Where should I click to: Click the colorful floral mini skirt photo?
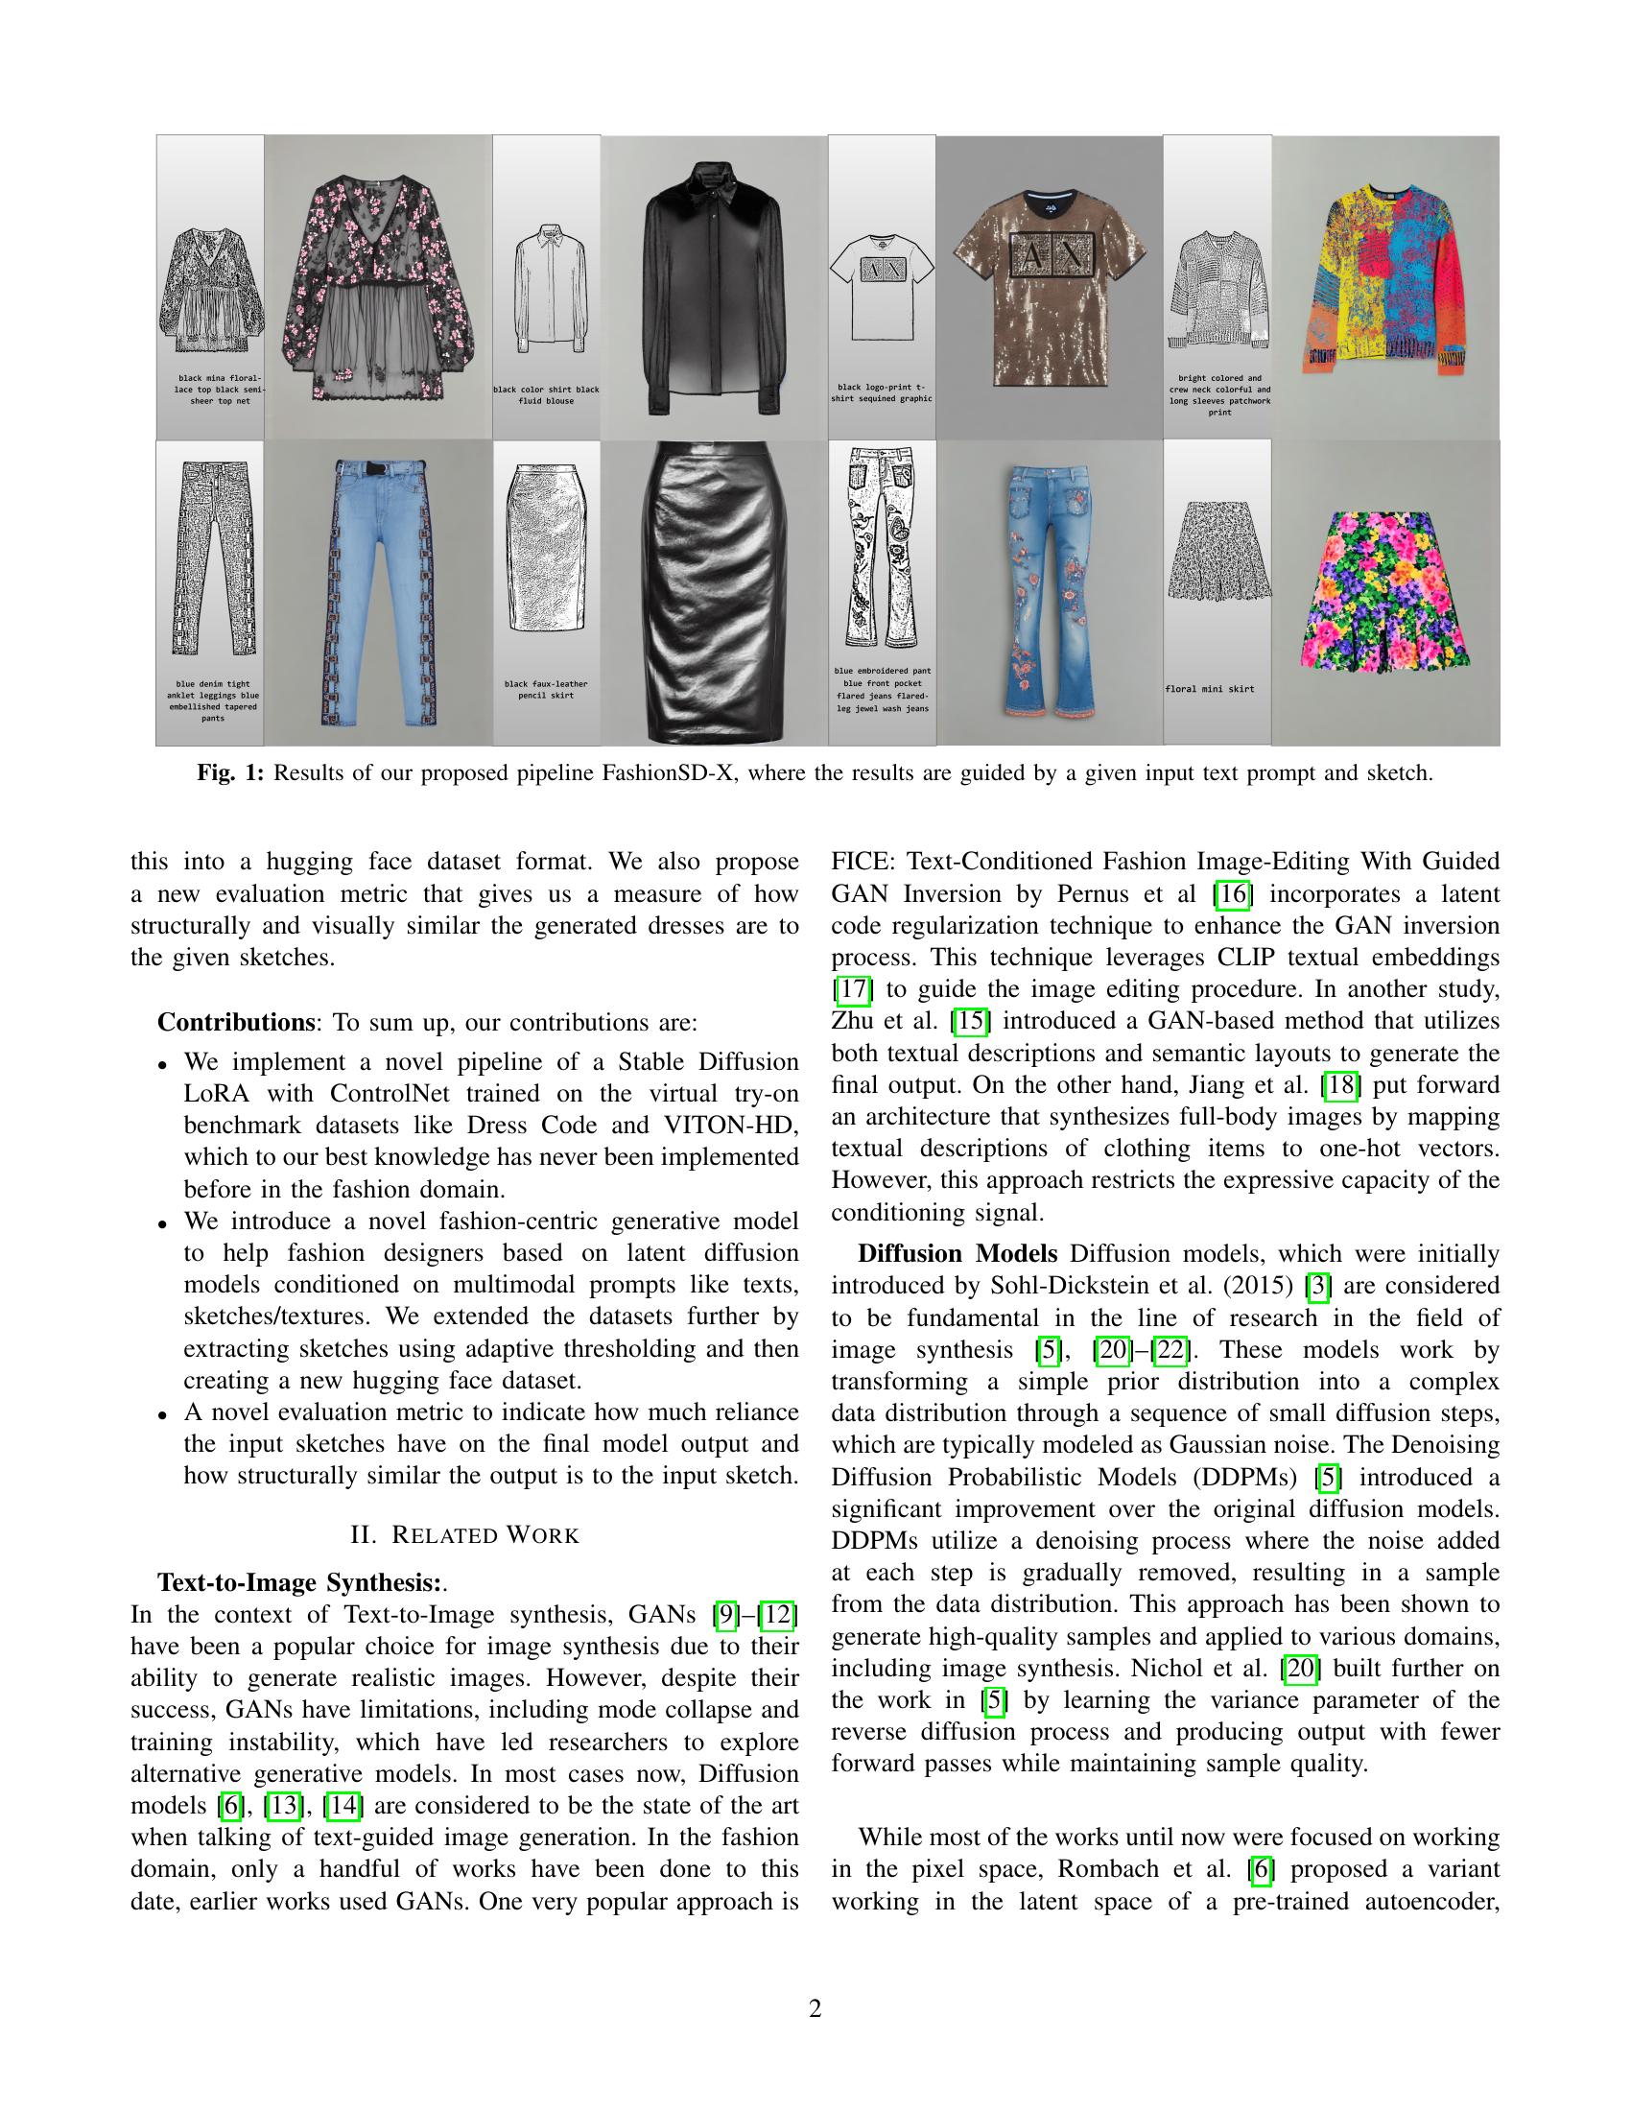tap(1385, 591)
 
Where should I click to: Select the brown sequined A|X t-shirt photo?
tap(1050, 287)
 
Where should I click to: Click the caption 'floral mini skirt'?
tap(1210, 689)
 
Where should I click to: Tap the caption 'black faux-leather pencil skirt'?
tap(546, 689)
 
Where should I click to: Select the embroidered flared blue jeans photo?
tap(1050, 591)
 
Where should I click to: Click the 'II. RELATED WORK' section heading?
tap(463, 1535)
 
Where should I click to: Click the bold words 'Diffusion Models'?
tap(957, 1254)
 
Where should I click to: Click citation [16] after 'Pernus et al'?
tap(1232, 894)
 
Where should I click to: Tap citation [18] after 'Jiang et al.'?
tap(1340, 1085)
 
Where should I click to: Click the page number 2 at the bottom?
tap(815, 2009)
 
